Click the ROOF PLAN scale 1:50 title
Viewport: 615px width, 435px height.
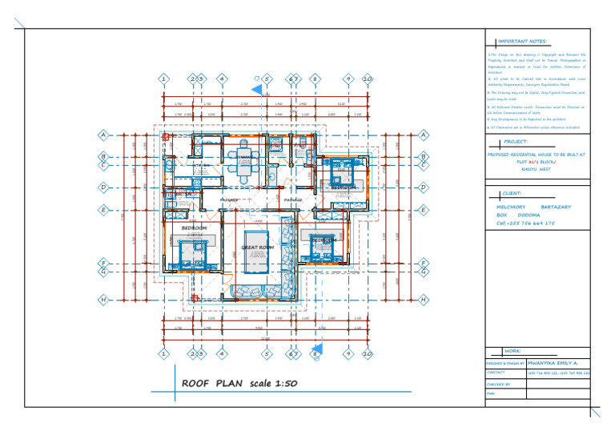(239, 384)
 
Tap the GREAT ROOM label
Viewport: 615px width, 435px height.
(258, 248)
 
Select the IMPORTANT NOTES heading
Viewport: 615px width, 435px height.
(521, 41)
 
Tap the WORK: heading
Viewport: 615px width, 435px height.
(512, 351)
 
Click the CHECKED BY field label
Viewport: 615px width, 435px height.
(498, 385)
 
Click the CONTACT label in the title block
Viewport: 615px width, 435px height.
(496, 373)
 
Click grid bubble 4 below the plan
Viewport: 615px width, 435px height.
(222, 352)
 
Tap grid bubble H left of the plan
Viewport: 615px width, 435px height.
(102, 299)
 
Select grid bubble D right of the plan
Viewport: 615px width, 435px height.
(423, 187)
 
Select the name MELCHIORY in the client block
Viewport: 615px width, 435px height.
(510, 207)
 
